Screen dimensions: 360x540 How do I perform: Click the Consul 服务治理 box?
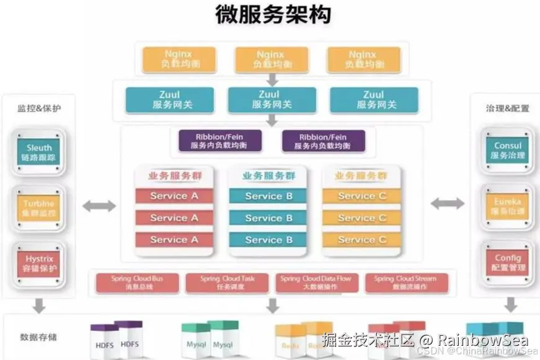click(508, 151)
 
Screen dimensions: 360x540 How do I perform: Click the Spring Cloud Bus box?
click(137, 283)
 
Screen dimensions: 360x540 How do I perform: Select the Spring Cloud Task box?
click(227, 283)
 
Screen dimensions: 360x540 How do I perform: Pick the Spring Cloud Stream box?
click(405, 283)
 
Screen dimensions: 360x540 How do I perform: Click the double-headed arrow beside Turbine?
click(99, 206)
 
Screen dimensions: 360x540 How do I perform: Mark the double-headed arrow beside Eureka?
click(447, 203)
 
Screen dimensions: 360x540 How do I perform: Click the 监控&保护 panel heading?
click(38, 108)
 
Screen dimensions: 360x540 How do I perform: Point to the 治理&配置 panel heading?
click(507, 108)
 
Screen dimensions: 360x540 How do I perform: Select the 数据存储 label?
click(38, 337)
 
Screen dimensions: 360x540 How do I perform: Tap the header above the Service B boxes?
click(269, 176)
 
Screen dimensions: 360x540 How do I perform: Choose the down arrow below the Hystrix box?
click(39, 305)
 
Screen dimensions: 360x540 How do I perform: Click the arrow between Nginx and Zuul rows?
click(272, 80)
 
